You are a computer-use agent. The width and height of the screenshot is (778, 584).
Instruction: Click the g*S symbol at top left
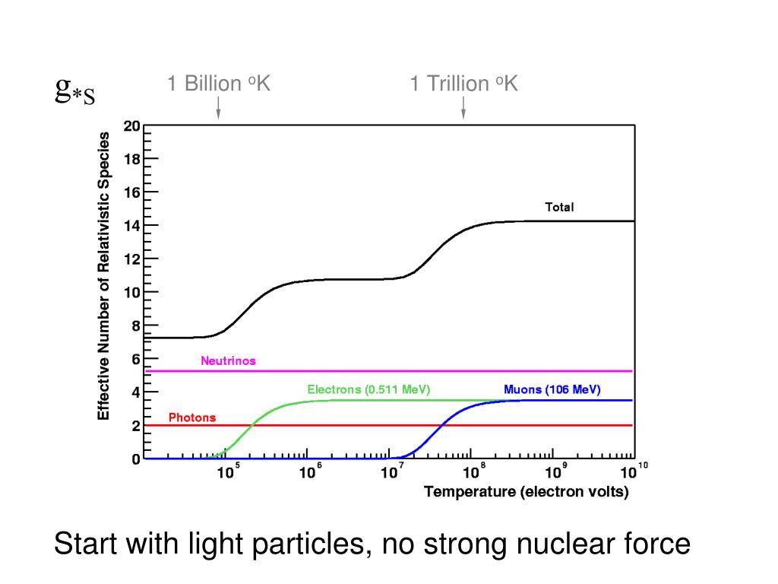click(x=75, y=91)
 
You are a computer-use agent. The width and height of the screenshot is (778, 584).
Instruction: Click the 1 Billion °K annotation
click(x=219, y=83)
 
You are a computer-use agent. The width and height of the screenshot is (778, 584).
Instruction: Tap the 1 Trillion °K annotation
click(x=463, y=83)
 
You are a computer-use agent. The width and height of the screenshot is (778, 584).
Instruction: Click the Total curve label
click(x=559, y=207)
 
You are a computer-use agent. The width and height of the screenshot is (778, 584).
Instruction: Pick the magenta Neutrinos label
click(x=228, y=361)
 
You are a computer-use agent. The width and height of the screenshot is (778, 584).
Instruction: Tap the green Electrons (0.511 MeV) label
click(x=368, y=389)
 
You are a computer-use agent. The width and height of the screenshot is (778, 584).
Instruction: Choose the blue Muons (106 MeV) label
click(x=552, y=389)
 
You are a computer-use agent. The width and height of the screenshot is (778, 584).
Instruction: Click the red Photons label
click(x=192, y=417)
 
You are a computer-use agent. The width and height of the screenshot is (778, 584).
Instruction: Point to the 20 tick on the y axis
click(x=132, y=126)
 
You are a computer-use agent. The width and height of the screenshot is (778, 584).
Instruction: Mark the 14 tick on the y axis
click(x=132, y=225)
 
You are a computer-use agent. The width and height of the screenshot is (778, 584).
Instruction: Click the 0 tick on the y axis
click(x=136, y=459)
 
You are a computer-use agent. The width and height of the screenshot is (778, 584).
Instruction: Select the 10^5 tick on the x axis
click(x=226, y=472)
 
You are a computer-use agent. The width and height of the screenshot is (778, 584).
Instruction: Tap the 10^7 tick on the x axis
click(x=391, y=472)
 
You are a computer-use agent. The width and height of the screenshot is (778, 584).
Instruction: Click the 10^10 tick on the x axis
click(x=632, y=471)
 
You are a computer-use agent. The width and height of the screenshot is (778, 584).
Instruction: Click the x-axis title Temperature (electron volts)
click(x=527, y=492)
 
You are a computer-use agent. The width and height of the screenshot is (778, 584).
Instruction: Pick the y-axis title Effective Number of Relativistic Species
click(x=104, y=276)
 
